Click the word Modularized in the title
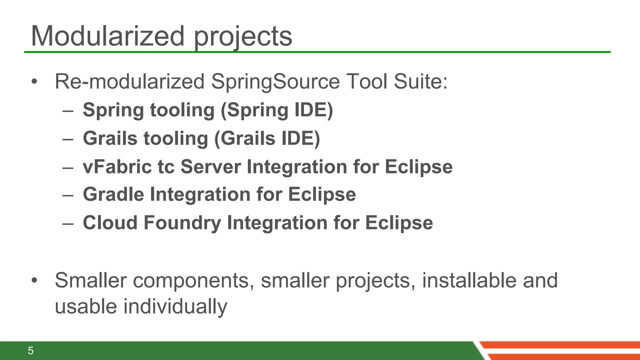(108, 37)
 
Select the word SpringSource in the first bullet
(275, 82)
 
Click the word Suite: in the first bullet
(420, 82)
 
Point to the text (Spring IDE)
(277, 110)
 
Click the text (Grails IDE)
(267, 138)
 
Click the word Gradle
(113, 194)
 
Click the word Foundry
(182, 223)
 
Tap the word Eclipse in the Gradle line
(322, 194)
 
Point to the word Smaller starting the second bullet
(91, 280)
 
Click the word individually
(175, 307)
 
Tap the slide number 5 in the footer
(31, 351)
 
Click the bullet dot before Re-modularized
(34, 82)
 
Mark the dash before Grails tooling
(68, 139)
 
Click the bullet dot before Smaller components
(34, 280)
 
